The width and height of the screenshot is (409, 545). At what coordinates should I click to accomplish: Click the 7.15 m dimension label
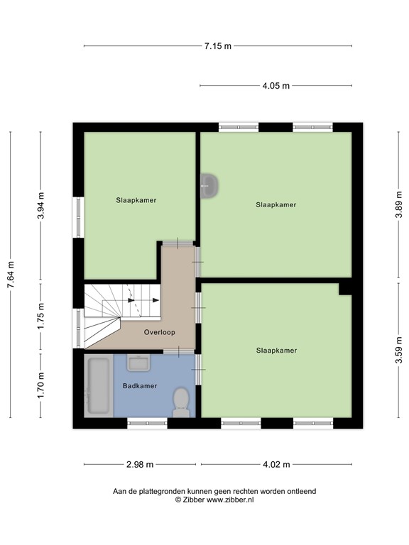tap(218, 46)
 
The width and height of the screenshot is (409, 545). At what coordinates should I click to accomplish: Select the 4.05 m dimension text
tap(276, 86)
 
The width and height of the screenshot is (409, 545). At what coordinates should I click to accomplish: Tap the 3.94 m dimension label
tap(40, 206)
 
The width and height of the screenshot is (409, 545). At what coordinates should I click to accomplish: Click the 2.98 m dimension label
tap(141, 465)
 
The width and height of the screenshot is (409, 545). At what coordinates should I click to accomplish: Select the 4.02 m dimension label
tap(276, 465)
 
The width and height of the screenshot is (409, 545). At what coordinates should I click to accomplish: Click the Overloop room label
tap(159, 332)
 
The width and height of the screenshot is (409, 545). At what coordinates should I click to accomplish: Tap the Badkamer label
tap(139, 386)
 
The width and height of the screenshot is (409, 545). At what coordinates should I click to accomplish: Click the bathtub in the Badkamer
tap(98, 386)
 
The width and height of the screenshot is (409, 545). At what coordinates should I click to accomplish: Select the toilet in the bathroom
tap(181, 400)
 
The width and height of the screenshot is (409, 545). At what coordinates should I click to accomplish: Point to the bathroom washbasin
tap(138, 363)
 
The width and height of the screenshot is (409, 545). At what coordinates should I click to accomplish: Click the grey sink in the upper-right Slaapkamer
tap(209, 186)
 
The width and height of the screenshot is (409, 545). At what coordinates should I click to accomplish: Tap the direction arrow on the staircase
tap(133, 300)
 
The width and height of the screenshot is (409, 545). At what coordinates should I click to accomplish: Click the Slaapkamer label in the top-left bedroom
tap(136, 200)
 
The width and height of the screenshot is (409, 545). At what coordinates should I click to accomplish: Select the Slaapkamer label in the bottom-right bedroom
tap(276, 350)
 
